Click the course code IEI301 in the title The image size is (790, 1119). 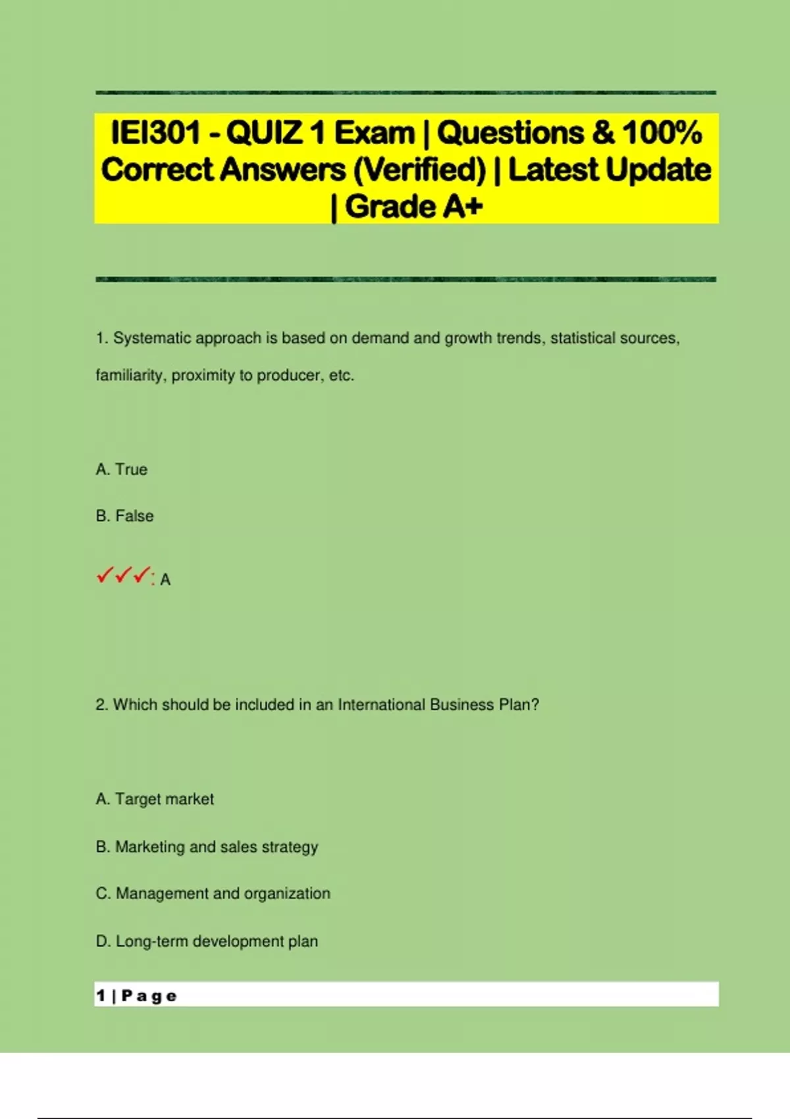pos(155,132)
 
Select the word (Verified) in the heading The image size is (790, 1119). pos(419,170)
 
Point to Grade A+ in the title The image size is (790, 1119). pos(413,207)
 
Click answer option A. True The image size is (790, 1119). pos(122,469)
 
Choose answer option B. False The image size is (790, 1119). pos(124,516)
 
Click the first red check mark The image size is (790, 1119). pos(104,576)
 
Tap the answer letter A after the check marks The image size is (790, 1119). pos(165,580)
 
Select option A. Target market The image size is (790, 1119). pos(155,799)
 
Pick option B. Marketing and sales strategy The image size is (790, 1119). pos(207,846)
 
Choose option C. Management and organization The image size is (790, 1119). pos(213,893)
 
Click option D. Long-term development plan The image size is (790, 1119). pos(207,941)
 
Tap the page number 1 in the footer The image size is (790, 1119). pos(101,995)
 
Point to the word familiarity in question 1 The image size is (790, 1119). pos(130,375)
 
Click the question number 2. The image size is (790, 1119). pos(101,704)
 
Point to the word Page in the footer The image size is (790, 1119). pos(149,996)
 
